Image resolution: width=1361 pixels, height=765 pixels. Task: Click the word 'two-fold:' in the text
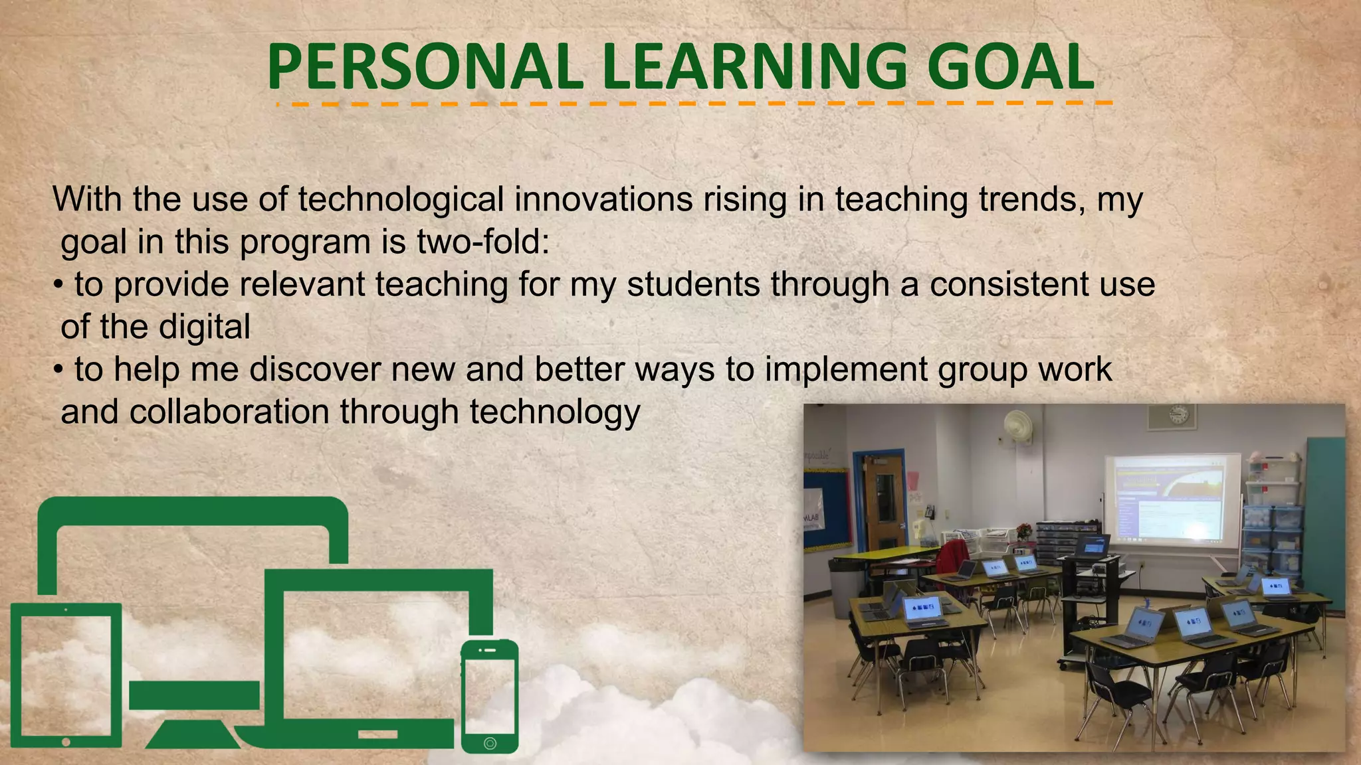click(x=484, y=242)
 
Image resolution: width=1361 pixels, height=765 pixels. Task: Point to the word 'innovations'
click(x=603, y=199)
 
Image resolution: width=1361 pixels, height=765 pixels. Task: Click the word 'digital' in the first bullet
click(x=205, y=327)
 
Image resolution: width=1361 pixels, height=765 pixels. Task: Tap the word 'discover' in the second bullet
click(x=314, y=369)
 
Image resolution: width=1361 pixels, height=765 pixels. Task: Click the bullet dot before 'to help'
click(x=58, y=371)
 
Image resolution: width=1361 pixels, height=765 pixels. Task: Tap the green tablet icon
click(x=66, y=674)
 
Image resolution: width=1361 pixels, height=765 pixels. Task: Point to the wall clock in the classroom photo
click(x=1178, y=415)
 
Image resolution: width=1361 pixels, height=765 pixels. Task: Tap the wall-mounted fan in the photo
click(x=1017, y=425)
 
